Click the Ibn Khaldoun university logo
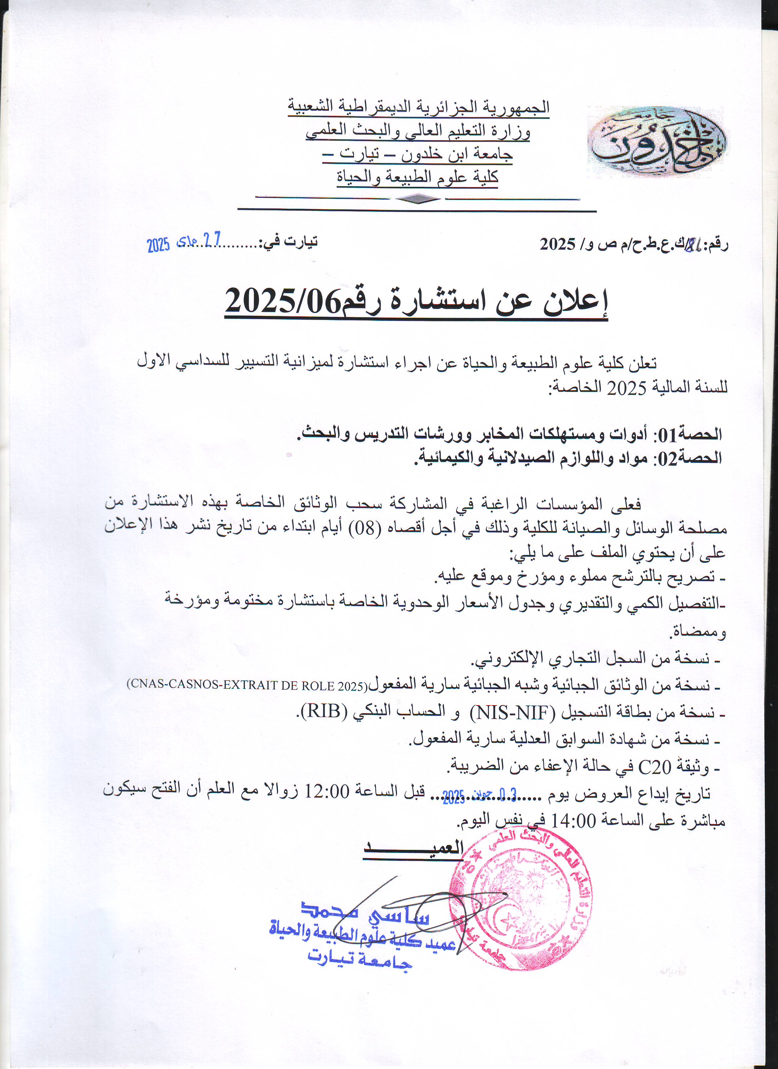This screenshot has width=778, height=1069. tap(657, 141)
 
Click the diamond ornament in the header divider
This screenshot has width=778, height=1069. tap(417, 199)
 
